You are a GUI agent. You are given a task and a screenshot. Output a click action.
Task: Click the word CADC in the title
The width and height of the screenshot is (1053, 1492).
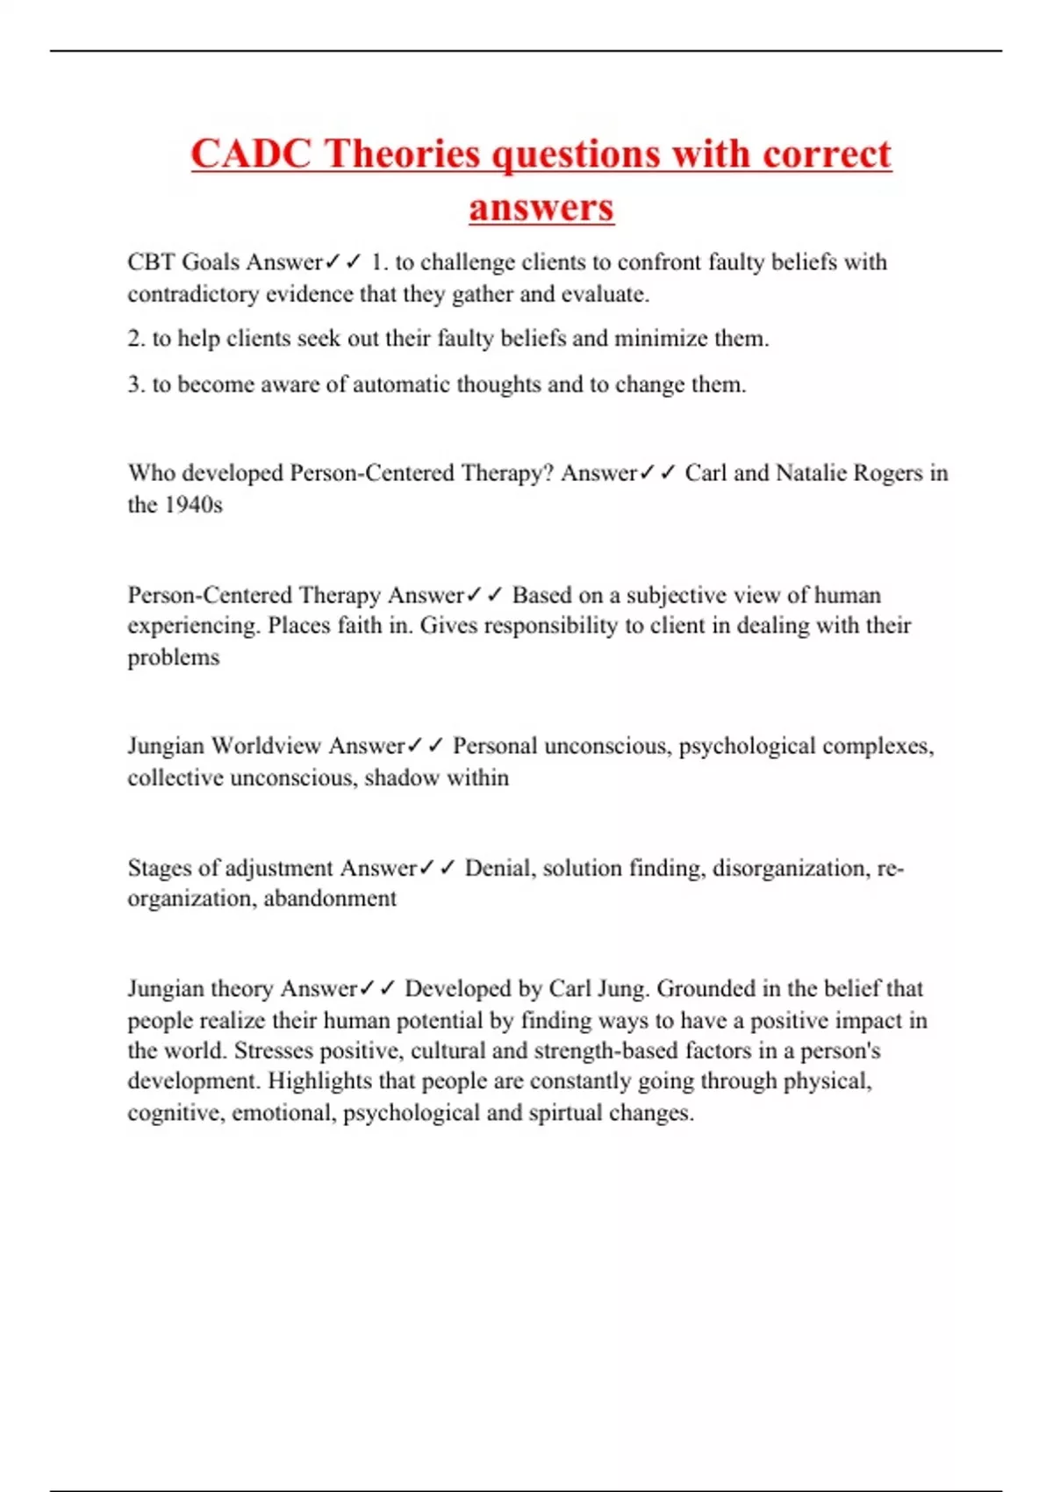251,154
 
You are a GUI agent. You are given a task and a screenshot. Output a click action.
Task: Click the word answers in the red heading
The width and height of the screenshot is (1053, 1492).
541,208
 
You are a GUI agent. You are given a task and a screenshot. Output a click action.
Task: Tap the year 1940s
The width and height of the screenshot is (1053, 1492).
193,505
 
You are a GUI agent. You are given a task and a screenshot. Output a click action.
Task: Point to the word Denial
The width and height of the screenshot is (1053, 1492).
498,868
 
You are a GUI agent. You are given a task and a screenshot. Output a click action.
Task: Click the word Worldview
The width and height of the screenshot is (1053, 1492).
267,746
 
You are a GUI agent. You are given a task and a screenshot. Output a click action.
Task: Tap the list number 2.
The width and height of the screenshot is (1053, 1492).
135,339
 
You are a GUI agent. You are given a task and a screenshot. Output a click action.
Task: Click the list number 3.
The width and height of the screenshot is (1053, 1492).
135,384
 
